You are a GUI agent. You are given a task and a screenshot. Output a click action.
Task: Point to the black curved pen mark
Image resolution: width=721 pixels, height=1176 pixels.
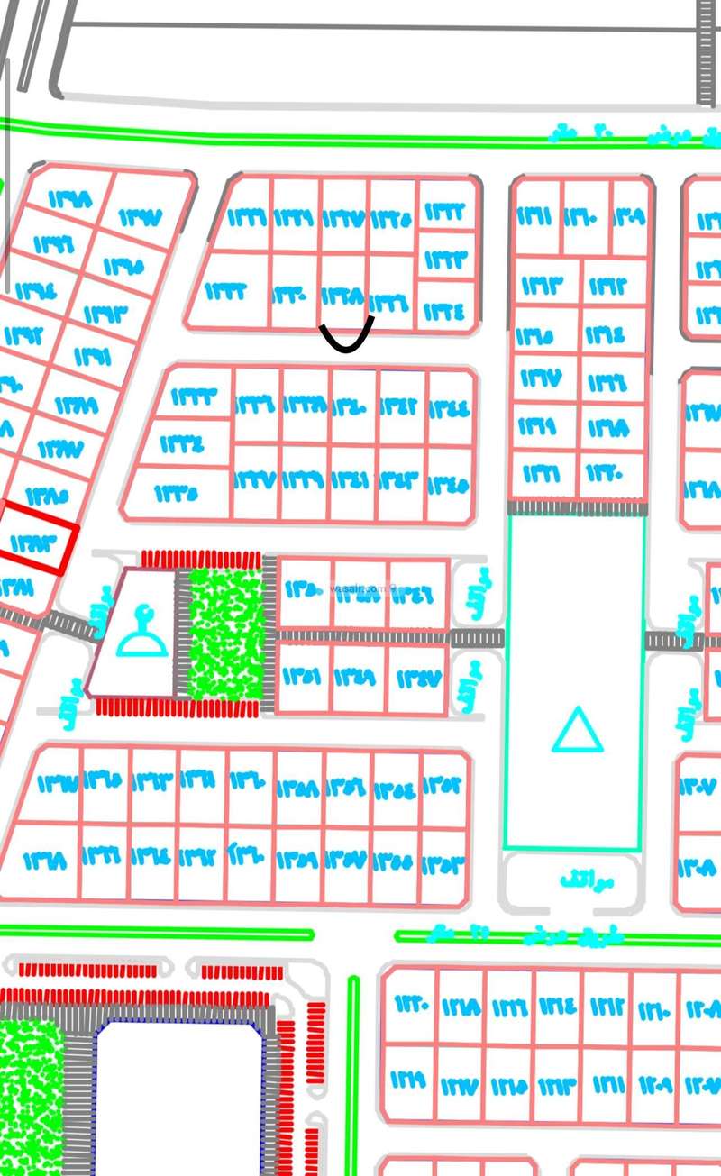pyautogui.click(x=346, y=337)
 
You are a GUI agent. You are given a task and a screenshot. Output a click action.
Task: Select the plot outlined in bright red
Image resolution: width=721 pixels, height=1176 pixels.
pyautogui.click(x=39, y=538)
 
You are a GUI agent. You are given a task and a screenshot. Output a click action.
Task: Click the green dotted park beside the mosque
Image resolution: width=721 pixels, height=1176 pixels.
pyautogui.click(x=226, y=634)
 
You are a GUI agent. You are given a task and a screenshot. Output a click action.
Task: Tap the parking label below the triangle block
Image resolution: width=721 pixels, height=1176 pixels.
pyautogui.click(x=574, y=877)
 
